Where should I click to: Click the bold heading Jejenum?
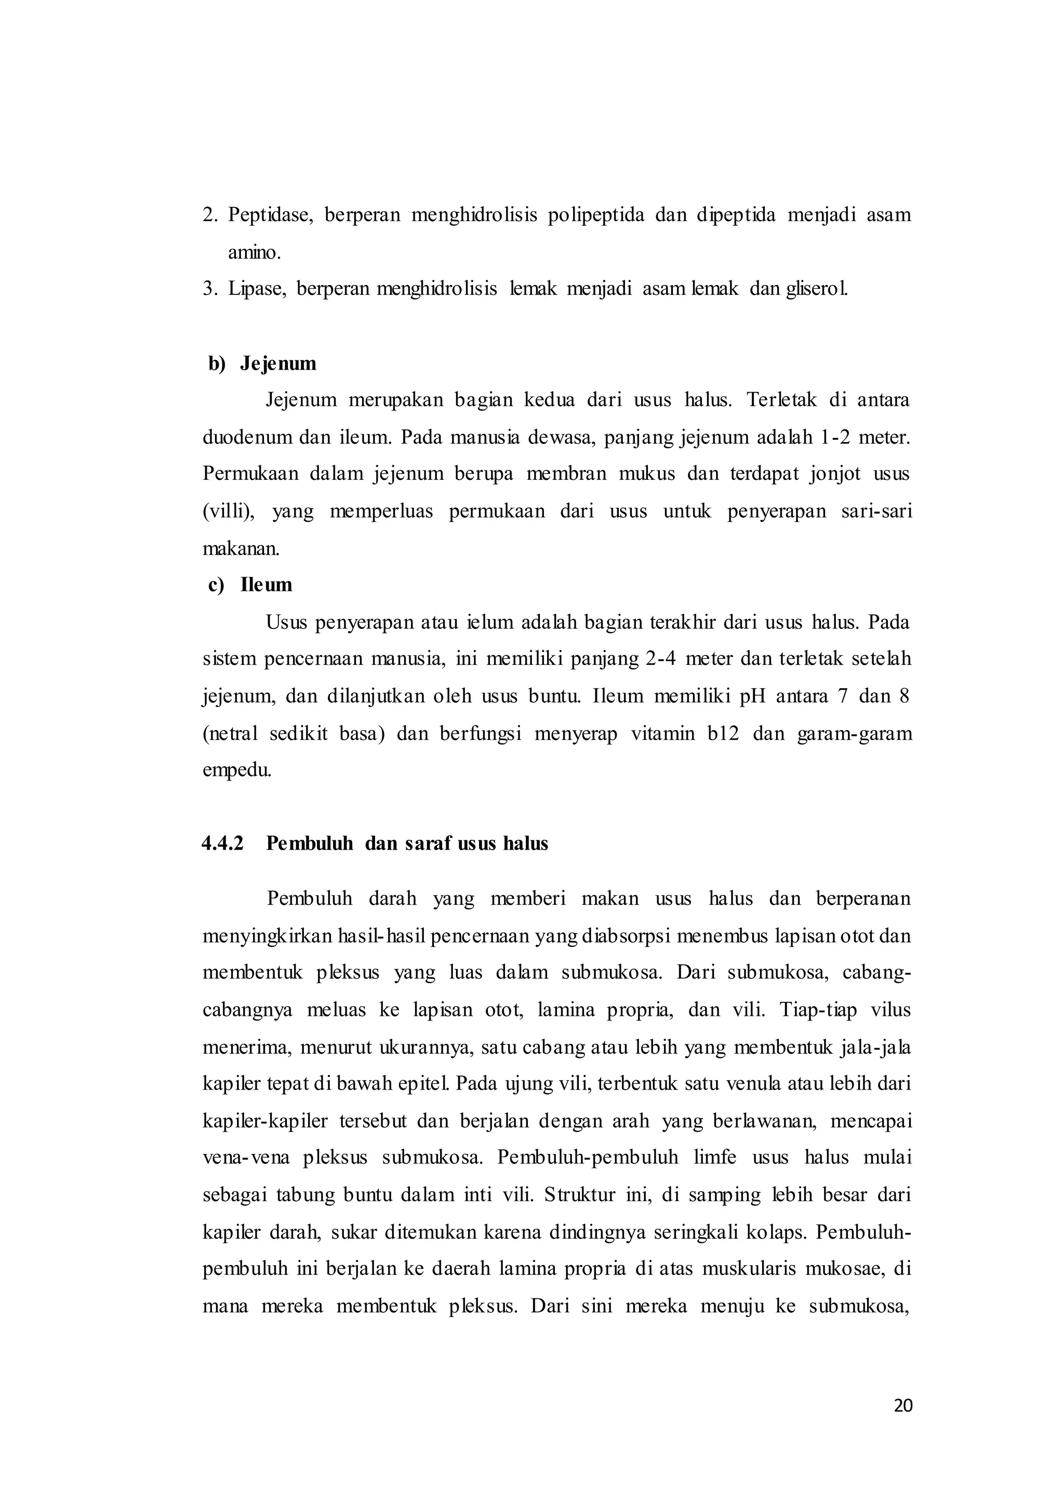tap(278, 363)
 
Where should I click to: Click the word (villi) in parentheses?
tap(229, 511)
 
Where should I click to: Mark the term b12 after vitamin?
tap(723, 733)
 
